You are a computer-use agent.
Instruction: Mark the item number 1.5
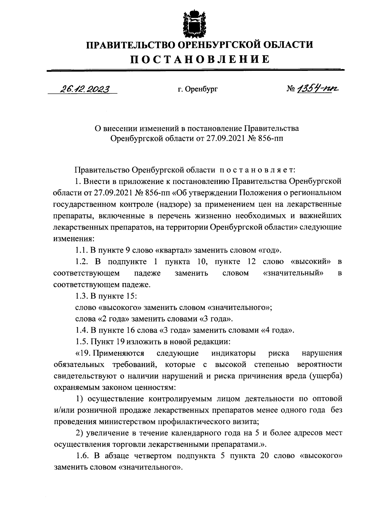[81, 341]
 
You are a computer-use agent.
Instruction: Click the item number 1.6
[82, 456]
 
